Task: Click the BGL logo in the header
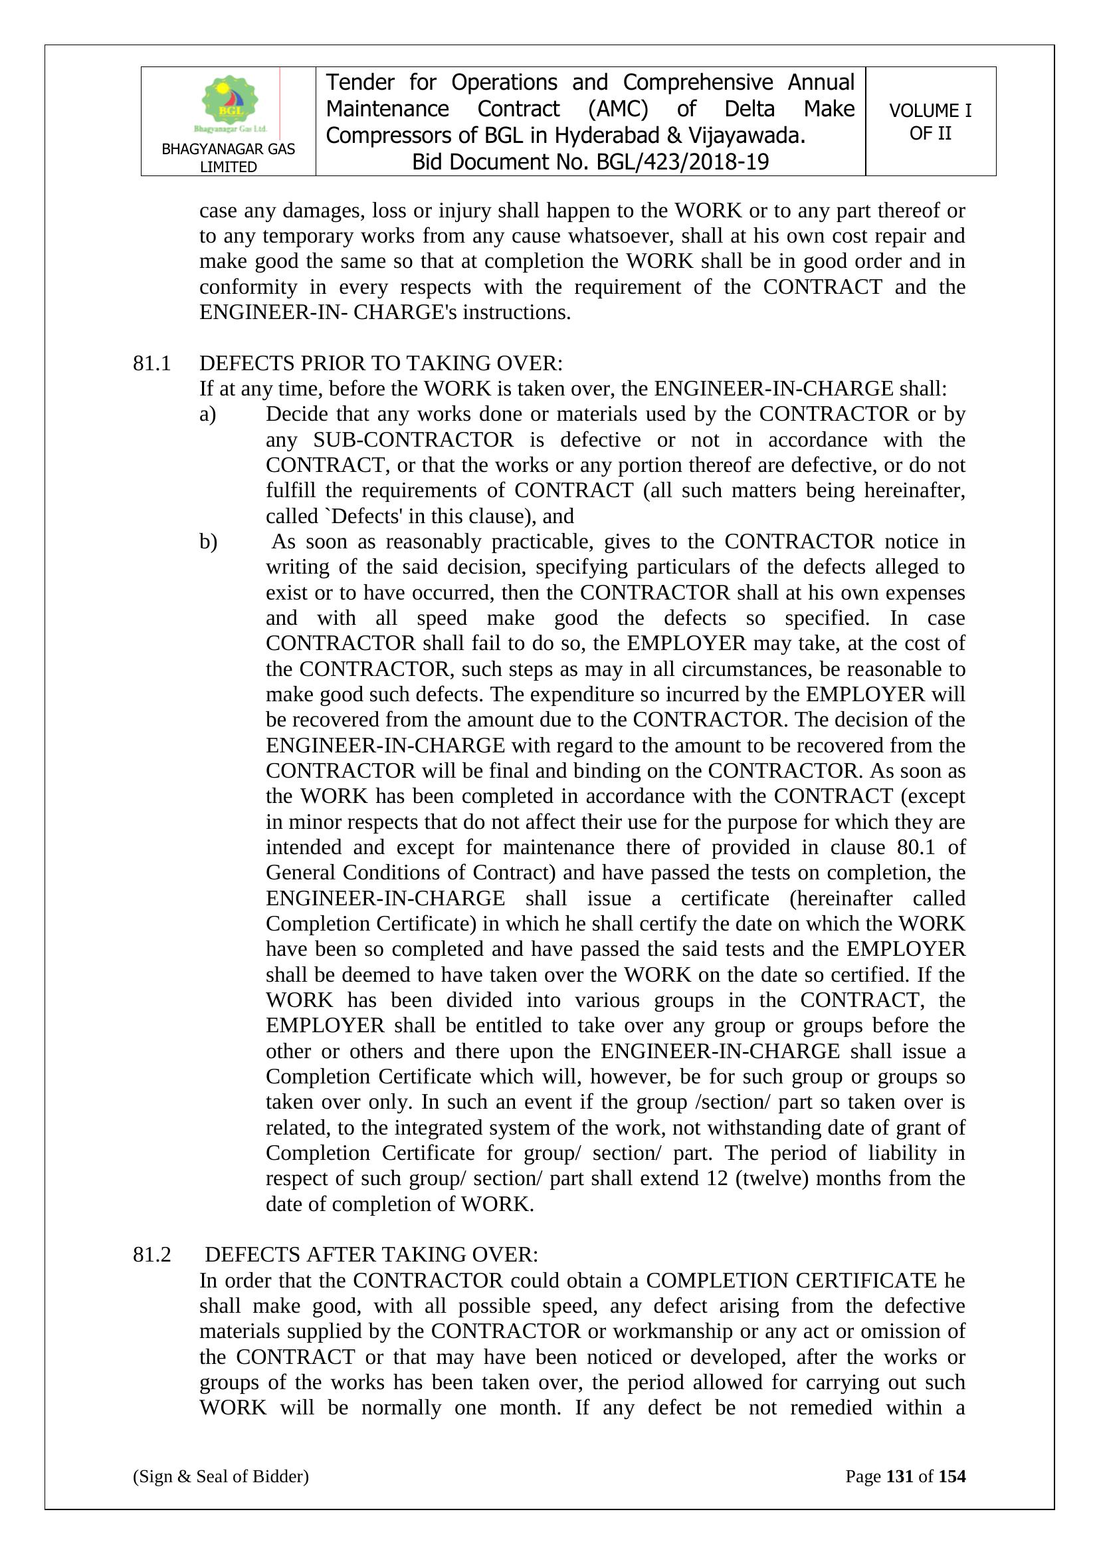[229, 103]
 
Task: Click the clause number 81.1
[151, 364]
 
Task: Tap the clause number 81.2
[151, 1254]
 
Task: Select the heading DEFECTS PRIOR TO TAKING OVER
[380, 364]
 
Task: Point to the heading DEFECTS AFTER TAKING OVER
[371, 1254]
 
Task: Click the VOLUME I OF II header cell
[930, 122]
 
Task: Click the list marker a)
[208, 414]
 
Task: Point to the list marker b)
[209, 542]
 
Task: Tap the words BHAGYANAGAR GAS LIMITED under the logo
[228, 158]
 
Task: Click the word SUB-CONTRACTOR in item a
[413, 440]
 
